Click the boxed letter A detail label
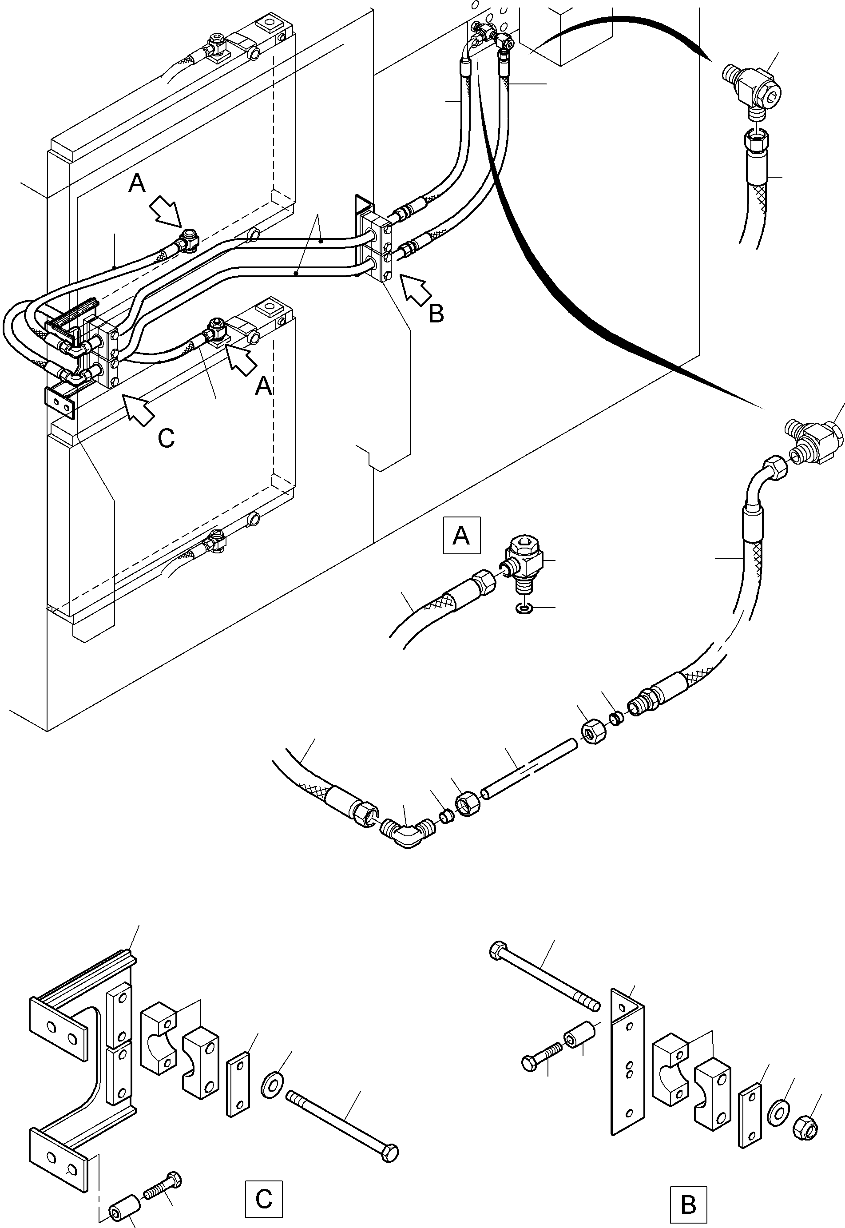coord(461,535)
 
